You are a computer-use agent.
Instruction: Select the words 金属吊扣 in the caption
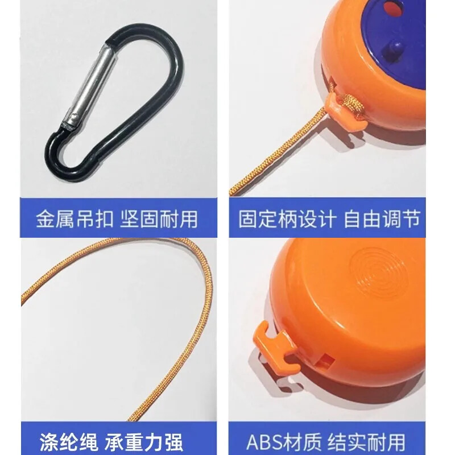click(x=75, y=219)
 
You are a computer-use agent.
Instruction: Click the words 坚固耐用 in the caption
click(x=159, y=219)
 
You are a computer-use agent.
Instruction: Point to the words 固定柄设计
click(x=287, y=219)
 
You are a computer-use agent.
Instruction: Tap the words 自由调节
click(x=382, y=219)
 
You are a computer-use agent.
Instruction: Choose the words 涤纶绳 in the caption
click(x=69, y=442)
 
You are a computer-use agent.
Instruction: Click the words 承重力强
click(x=143, y=442)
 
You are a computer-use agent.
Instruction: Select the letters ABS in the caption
click(x=264, y=442)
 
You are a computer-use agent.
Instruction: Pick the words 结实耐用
click(x=366, y=442)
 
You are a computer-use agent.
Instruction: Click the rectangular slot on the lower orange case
click(x=326, y=360)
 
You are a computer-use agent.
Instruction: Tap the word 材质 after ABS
click(x=302, y=442)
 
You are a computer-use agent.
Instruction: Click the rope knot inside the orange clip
click(x=350, y=105)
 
